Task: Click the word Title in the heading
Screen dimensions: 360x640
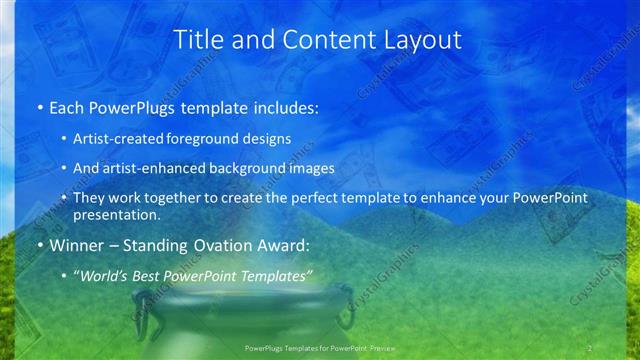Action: click(x=198, y=40)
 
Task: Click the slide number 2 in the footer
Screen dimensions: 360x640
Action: click(x=590, y=348)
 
